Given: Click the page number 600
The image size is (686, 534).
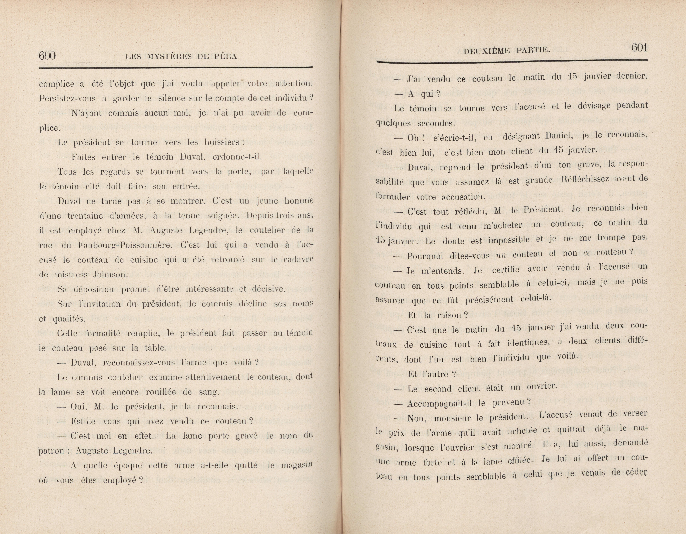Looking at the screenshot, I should coord(47,56).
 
